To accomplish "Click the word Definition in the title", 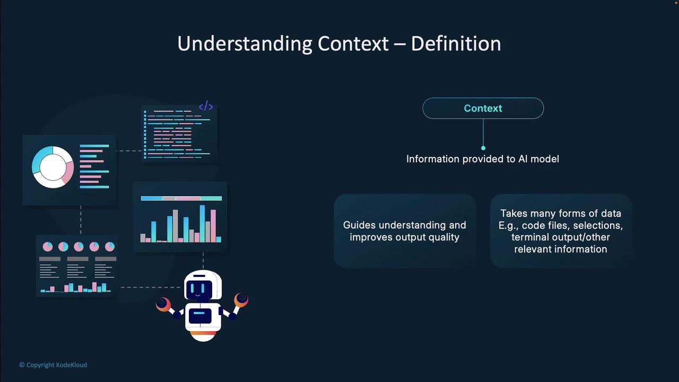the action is pyautogui.click(x=456, y=44).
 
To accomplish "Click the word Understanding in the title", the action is pyautogui.click(x=245, y=44).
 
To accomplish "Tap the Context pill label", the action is pyautogui.click(x=483, y=108).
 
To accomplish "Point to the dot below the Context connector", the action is pyautogui.click(x=483, y=148).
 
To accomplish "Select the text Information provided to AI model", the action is pyautogui.click(x=483, y=159).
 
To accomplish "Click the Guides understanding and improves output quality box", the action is pyautogui.click(x=405, y=231).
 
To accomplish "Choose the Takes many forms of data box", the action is pyautogui.click(x=561, y=231).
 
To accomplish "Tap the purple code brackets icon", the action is pyautogui.click(x=206, y=106).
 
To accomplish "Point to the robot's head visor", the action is pyautogui.click(x=199, y=290).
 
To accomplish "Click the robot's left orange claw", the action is pyautogui.click(x=163, y=305).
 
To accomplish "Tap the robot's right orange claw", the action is pyautogui.click(x=241, y=300).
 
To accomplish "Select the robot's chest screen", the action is pyautogui.click(x=200, y=316).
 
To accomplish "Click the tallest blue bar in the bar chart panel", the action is pyautogui.click(x=202, y=223).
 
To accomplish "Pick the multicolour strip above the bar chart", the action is pyautogui.click(x=181, y=198).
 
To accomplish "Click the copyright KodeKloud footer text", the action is pyautogui.click(x=53, y=364).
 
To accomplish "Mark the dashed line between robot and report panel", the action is pyautogui.click(x=151, y=287).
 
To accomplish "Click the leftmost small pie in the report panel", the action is pyautogui.click(x=48, y=247).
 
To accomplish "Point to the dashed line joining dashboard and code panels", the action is pyautogui.click(x=129, y=151).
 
